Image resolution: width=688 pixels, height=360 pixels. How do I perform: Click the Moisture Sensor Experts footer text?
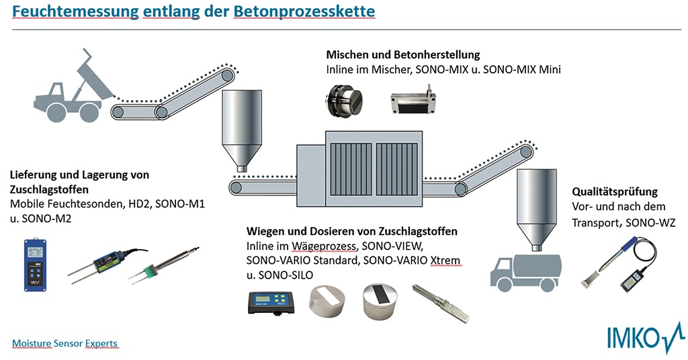pyautogui.click(x=64, y=343)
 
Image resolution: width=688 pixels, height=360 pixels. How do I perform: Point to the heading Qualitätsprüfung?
pyautogui.click(x=614, y=191)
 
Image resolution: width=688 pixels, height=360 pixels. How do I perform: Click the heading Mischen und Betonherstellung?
pyautogui.click(x=403, y=54)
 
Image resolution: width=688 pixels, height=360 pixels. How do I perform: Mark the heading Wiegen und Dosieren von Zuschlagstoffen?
pyautogui.click(x=351, y=230)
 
